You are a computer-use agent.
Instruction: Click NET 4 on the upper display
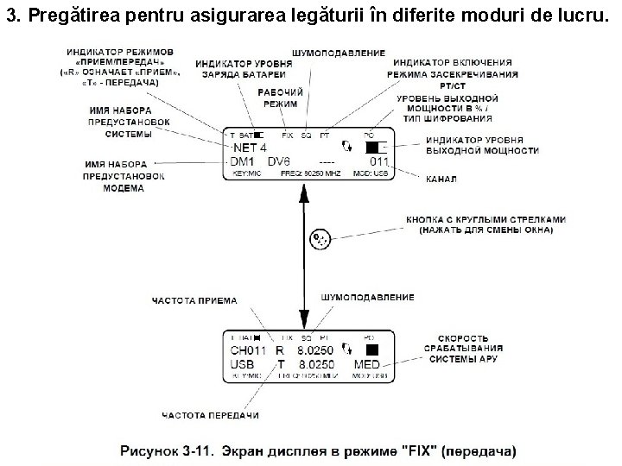(250, 148)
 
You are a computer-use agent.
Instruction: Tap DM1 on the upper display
(243, 162)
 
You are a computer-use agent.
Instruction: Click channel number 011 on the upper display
(378, 162)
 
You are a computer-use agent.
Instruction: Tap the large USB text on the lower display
(243, 366)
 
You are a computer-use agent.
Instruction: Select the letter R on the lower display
(279, 351)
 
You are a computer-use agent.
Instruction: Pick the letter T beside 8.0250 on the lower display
(280, 366)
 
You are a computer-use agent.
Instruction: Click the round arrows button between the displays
(321, 237)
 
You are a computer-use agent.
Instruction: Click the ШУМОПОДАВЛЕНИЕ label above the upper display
(339, 54)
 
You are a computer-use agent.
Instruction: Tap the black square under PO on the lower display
(372, 350)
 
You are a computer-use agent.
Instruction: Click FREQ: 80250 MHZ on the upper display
(310, 173)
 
